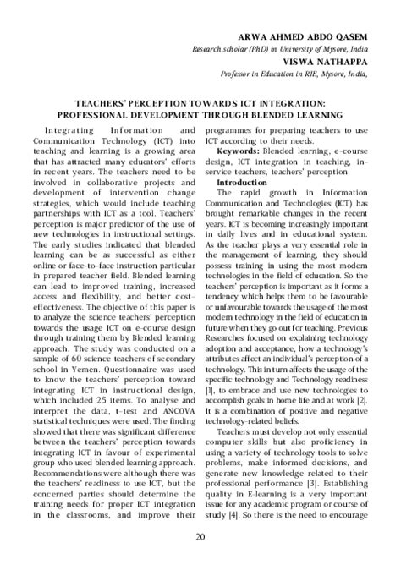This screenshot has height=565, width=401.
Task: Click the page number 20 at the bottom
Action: point(200,538)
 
